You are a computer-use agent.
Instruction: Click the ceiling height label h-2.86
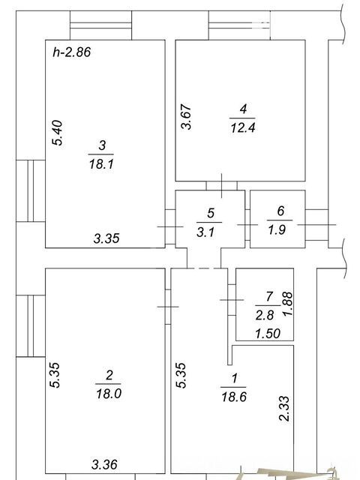pyautogui.click(x=72, y=52)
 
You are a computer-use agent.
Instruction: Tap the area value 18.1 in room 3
pyautogui.click(x=101, y=164)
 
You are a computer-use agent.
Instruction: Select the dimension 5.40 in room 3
pyautogui.click(x=58, y=133)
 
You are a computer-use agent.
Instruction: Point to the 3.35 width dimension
pyautogui.click(x=106, y=238)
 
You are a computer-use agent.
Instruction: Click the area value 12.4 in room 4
pyautogui.click(x=243, y=127)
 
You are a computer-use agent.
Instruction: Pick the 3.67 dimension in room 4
pyautogui.click(x=186, y=117)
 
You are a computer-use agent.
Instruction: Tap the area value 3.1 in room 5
pyautogui.click(x=205, y=232)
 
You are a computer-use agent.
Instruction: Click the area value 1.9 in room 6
pyautogui.click(x=277, y=229)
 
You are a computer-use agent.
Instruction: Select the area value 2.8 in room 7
pyautogui.click(x=265, y=315)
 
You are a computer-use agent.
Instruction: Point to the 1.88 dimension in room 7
pyautogui.click(x=288, y=304)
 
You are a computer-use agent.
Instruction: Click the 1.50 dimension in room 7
pyautogui.click(x=268, y=333)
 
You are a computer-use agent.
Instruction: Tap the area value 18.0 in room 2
pyautogui.click(x=109, y=394)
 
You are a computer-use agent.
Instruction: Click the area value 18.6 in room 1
pyautogui.click(x=234, y=397)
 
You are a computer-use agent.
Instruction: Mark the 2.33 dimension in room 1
pyautogui.click(x=284, y=409)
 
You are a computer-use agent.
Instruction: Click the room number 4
pyautogui.click(x=243, y=109)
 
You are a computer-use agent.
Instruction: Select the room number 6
pyautogui.click(x=280, y=211)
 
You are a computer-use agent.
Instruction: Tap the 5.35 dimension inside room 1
pyautogui.click(x=181, y=376)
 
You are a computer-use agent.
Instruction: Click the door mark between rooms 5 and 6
pyautogui.click(x=247, y=225)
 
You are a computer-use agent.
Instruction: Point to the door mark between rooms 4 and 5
pyautogui.click(x=222, y=185)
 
